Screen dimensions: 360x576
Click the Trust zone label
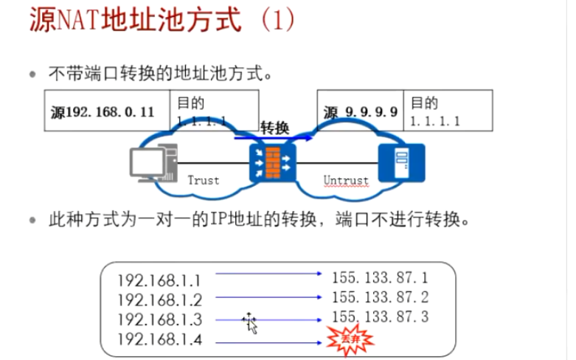(204, 180)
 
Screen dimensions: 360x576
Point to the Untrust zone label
(345, 180)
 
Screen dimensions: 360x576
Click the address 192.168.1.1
(159, 280)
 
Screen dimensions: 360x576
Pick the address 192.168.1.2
(159, 300)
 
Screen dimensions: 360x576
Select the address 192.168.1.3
(159, 319)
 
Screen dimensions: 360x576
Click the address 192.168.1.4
(159, 339)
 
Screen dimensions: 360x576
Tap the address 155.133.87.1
(380, 278)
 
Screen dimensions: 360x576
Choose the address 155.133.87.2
(380, 297)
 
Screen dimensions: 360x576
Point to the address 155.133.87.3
(380, 317)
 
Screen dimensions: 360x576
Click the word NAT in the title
(79, 20)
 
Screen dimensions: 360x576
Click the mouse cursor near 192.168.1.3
(251, 322)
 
